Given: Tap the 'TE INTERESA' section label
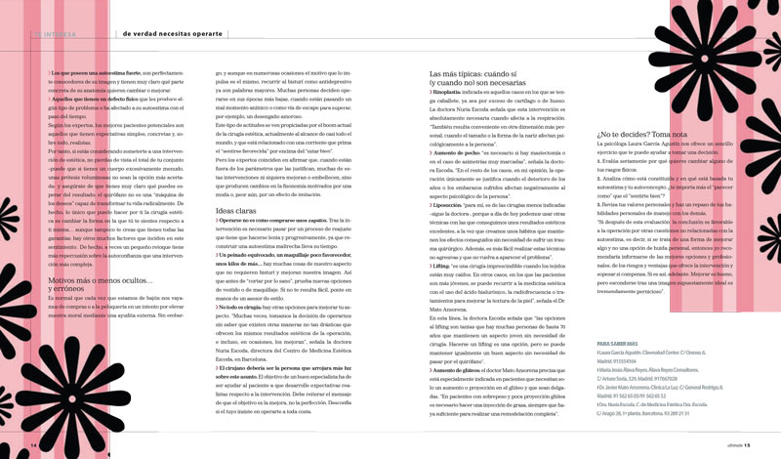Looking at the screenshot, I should click(x=57, y=33).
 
